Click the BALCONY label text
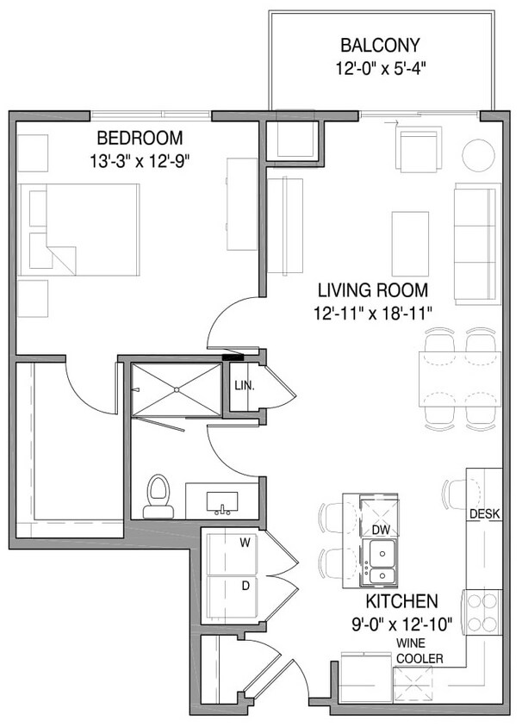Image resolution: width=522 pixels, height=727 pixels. point(380,45)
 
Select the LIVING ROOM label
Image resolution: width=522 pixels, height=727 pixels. point(372,290)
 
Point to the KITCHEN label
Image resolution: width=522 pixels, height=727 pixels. point(401,600)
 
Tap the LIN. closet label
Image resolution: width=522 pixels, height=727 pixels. point(244,385)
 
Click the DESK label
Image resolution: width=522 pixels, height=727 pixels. point(483,514)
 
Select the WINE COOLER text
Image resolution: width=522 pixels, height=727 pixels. point(419,651)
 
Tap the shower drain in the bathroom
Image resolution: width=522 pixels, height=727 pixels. point(177,389)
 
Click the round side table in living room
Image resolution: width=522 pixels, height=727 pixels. point(478,154)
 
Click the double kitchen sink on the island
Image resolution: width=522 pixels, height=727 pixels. point(379,562)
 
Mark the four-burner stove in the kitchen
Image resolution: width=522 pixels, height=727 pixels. point(483,612)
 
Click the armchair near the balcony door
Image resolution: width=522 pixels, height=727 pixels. point(419,149)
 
